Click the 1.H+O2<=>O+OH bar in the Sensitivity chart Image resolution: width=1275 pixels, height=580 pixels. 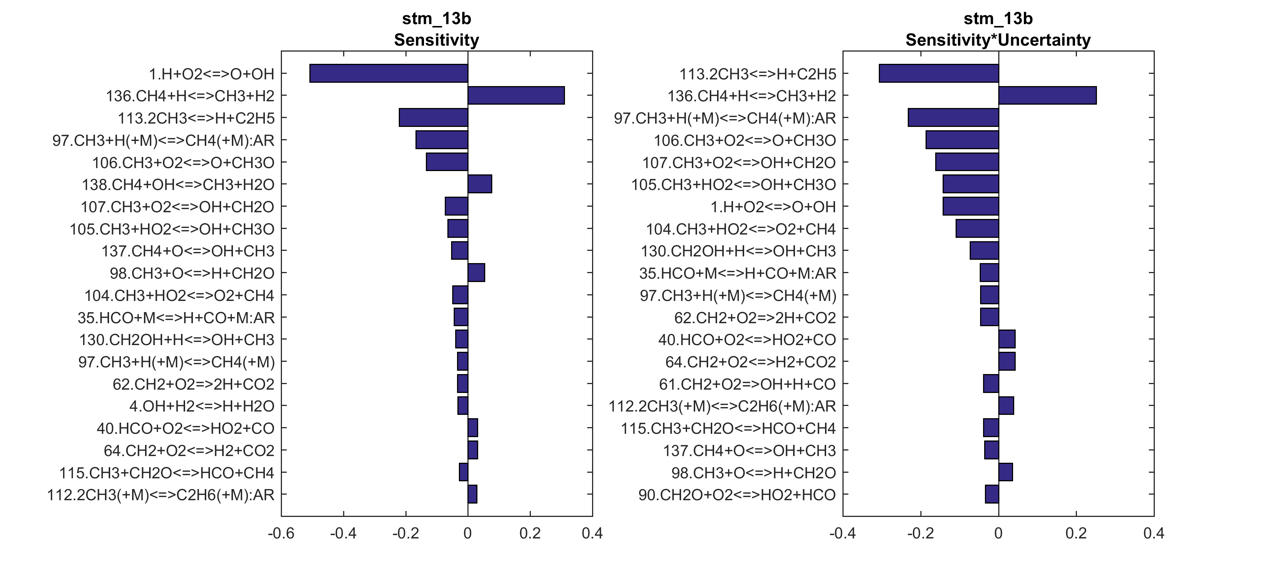click(388, 73)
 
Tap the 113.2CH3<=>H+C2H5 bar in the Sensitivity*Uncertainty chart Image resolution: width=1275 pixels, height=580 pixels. click(939, 73)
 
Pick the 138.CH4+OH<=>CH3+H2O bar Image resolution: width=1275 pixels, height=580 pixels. click(480, 184)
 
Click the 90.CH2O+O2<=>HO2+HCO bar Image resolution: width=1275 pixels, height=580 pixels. click(992, 494)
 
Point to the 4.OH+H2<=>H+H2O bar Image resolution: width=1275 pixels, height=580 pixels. click(463, 406)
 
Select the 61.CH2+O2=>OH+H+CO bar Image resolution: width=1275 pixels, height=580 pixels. click(991, 384)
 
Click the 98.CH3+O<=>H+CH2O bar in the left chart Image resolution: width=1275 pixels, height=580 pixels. click(476, 273)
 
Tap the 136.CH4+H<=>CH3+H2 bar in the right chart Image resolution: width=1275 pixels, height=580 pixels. click(1047, 96)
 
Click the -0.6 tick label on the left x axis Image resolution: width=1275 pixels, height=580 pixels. click(281, 534)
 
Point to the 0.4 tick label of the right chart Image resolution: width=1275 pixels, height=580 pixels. click(1154, 534)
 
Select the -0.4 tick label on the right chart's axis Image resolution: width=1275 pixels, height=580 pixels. click(842, 534)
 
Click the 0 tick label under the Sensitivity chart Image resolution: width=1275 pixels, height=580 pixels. click(468, 534)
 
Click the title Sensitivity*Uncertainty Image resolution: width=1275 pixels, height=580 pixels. click(998, 40)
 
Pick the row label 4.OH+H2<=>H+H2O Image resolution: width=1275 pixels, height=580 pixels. click(201, 406)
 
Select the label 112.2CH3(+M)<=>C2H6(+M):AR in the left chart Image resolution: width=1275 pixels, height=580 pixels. click(160, 495)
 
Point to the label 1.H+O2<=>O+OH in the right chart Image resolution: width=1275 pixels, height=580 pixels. click(773, 207)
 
